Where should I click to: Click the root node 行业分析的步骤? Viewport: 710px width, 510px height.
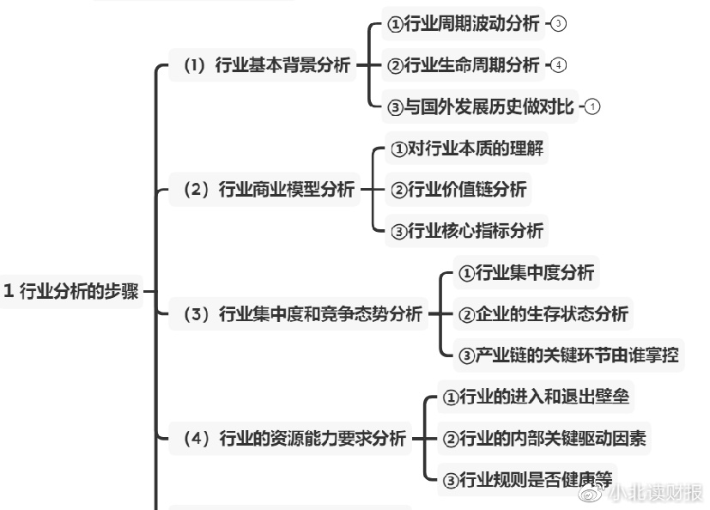(x=71, y=290)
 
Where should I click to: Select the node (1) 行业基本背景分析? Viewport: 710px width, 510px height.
(x=267, y=65)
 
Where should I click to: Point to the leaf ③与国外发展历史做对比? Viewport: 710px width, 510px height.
(x=481, y=106)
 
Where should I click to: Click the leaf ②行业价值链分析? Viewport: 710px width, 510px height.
(x=458, y=190)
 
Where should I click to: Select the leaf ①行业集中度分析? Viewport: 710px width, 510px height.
(x=525, y=273)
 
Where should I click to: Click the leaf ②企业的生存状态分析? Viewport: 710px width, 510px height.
(x=543, y=314)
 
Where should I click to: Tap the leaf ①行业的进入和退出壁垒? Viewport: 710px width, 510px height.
(x=538, y=398)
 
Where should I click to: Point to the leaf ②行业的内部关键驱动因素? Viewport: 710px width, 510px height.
(x=544, y=439)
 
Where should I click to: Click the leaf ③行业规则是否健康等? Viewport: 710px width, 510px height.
(x=529, y=479)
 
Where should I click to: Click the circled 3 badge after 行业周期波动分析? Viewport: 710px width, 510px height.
(x=558, y=24)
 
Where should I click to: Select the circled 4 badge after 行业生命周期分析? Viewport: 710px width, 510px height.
(x=558, y=65)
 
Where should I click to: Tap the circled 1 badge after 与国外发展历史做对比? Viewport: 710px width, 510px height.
(x=592, y=106)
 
